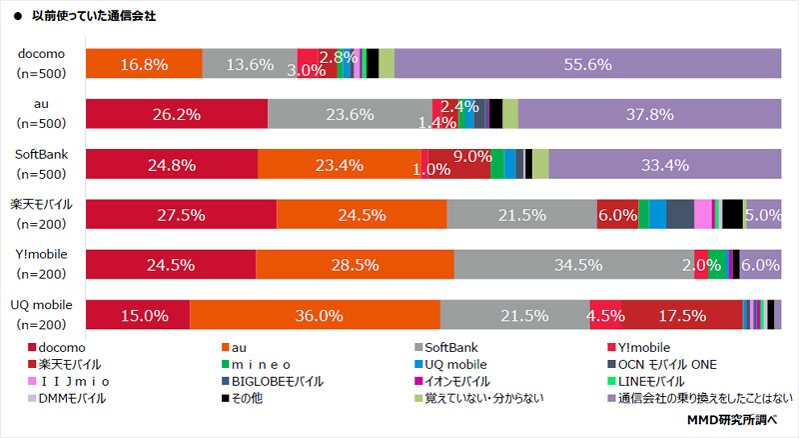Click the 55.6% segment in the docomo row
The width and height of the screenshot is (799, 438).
click(587, 63)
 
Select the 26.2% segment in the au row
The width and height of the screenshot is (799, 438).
click(177, 113)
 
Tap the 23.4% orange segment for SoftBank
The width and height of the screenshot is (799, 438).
click(339, 163)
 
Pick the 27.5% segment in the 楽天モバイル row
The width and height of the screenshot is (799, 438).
click(181, 214)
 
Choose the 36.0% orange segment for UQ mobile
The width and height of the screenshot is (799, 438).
click(314, 314)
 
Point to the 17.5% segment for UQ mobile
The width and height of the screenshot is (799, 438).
click(683, 314)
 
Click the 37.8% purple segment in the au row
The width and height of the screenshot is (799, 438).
click(649, 113)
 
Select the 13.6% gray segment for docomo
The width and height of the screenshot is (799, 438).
click(250, 63)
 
